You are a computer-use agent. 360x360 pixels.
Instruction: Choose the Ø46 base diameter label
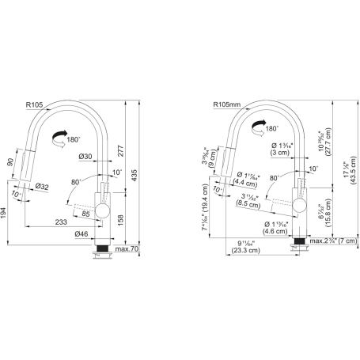tap(81, 234)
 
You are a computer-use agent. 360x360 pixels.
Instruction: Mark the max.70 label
tap(127, 250)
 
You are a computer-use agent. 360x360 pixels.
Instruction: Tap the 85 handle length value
tap(85, 211)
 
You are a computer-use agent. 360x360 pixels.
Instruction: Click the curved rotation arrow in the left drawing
tap(58, 139)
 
